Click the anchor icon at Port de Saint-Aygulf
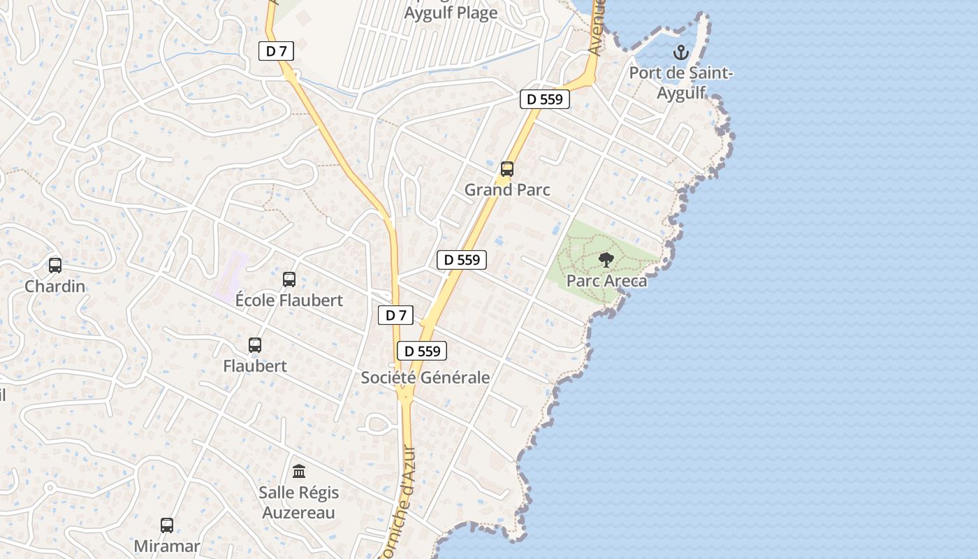[x=680, y=52]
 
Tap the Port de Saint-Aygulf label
[x=681, y=82]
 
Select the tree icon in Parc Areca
[x=606, y=261]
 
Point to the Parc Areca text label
[x=606, y=281]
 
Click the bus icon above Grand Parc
[x=507, y=169]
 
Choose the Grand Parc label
[x=507, y=189]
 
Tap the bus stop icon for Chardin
[x=55, y=266]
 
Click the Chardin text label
[x=55, y=286]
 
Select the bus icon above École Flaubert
[x=289, y=279]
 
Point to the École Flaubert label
[x=289, y=300]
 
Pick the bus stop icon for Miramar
[x=167, y=525]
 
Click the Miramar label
[x=167, y=546]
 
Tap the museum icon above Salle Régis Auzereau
[x=299, y=472]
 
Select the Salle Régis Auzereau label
[x=299, y=502]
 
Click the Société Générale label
[x=425, y=377]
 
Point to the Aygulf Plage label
[x=451, y=13]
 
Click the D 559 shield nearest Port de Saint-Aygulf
[x=545, y=99]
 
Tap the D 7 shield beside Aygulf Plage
[x=276, y=51]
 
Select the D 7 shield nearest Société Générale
[x=396, y=315]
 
